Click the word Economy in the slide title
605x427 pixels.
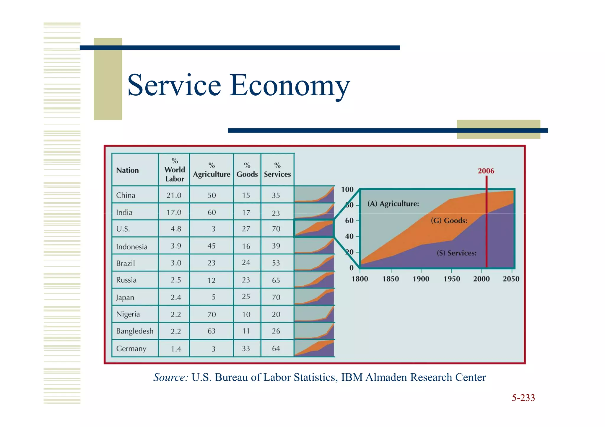click(290, 86)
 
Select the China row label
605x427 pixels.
click(126, 195)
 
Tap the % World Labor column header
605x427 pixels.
click(174, 170)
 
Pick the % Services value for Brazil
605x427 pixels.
click(276, 263)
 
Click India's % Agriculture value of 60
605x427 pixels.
click(212, 212)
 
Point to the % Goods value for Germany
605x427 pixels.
click(246, 349)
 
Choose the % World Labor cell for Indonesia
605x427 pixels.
click(175, 246)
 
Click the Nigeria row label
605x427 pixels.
click(128, 314)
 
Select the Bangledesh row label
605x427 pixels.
click(135, 331)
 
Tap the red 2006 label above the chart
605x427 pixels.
click(486, 171)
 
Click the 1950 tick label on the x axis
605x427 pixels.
click(451, 279)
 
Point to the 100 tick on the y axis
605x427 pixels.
click(347, 189)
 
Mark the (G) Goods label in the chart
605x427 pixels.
click(449, 221)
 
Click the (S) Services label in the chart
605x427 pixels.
click(456, 253)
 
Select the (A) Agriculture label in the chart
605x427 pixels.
click(393, 204)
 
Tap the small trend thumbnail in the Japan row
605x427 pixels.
click(314, 297)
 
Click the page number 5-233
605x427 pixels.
click(523, 398)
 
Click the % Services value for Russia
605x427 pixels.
click(276, 280)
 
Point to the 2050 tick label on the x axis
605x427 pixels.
click(511, 279)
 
